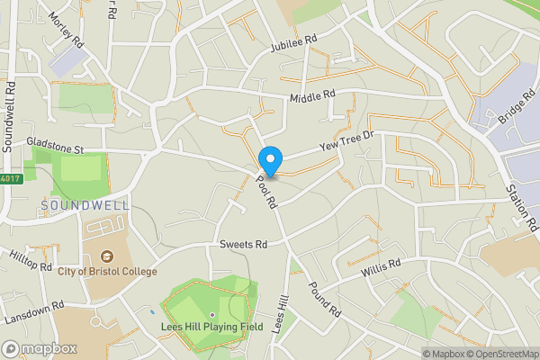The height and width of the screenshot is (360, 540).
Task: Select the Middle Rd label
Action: click(x=312, y=95)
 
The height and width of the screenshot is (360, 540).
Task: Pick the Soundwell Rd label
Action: click(x=10, y=117)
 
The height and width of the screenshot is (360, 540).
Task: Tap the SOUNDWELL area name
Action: click(x=85, y=205)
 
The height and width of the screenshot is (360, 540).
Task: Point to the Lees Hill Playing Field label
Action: click(x=212, y=327)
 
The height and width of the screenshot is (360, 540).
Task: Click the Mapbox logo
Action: click(x=39, y=348)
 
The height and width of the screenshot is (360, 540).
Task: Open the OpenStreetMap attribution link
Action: click(x=500, y=354)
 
